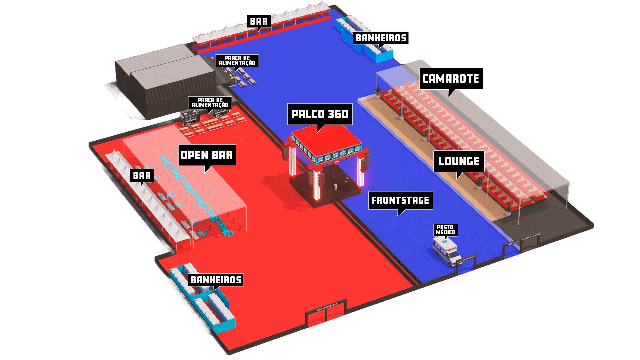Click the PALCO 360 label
320,114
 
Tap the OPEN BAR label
207,155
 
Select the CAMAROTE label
451,79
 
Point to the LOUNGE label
459,161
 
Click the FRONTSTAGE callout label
400,200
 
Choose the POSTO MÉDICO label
446,230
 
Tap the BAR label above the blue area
259,21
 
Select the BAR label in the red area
142,176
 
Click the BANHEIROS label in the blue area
381,38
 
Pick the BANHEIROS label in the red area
216,280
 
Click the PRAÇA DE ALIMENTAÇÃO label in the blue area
237,61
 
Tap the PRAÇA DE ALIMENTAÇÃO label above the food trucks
210,103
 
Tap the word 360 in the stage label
338,114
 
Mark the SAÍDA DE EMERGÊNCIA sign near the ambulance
467,259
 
